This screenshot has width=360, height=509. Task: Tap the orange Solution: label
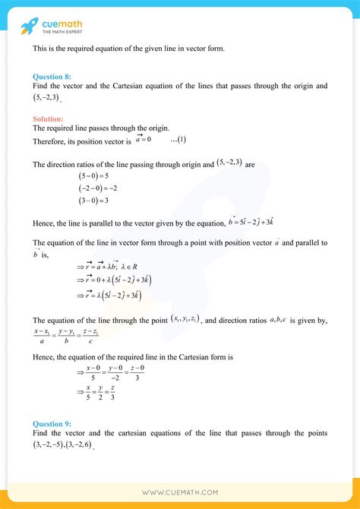(x=48, y=119)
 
